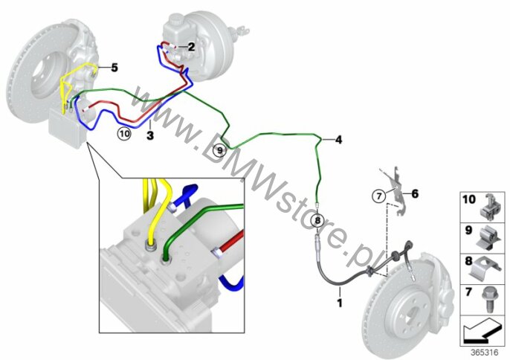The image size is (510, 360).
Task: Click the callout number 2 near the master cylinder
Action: coord(192,47)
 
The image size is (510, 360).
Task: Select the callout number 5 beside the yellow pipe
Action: coord(114,68)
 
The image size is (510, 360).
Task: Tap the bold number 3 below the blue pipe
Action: coord(150,135)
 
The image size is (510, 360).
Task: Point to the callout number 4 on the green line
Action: coord(338,140)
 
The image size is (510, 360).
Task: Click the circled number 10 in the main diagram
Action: coord(124,133)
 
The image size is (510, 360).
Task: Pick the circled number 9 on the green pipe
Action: coord(220,150)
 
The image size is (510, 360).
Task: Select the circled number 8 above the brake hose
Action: coord(317,220)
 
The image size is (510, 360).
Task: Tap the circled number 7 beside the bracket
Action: coord(379,196)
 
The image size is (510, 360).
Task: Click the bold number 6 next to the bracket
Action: coord(415,194)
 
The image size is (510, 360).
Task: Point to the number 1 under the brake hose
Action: coord(340,303)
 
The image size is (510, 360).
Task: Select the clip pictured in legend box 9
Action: coord(491,239)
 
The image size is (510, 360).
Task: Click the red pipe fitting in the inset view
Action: coord(217,253)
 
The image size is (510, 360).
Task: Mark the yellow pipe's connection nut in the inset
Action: coord(150,246)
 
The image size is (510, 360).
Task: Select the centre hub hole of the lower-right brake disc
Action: coord(410,316)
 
